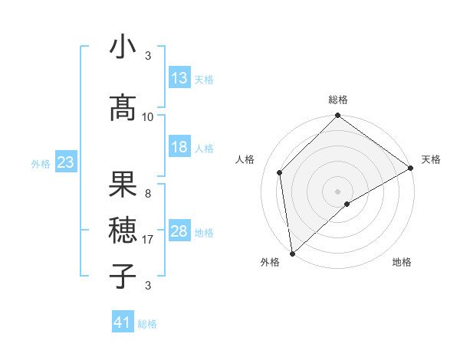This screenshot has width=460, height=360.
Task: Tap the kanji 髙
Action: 123,109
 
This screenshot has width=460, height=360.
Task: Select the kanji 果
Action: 123,185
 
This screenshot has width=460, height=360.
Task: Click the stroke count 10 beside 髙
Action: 148,117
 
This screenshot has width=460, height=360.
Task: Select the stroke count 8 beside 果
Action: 148,194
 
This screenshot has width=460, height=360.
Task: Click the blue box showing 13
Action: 179,78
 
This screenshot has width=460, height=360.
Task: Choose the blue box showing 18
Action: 179,147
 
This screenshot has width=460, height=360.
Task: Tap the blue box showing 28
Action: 179,231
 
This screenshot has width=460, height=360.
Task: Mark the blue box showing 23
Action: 65,162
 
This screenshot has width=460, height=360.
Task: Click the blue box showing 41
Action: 123,322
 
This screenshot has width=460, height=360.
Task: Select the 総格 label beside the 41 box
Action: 147,324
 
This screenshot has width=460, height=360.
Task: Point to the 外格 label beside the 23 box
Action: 40,163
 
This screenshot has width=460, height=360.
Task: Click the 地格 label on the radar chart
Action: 402,263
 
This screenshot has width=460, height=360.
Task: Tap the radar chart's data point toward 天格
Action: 412,169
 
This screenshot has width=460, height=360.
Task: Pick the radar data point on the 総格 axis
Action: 337,117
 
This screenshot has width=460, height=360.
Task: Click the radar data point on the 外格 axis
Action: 291,253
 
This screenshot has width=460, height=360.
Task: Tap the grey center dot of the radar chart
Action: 337,191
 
